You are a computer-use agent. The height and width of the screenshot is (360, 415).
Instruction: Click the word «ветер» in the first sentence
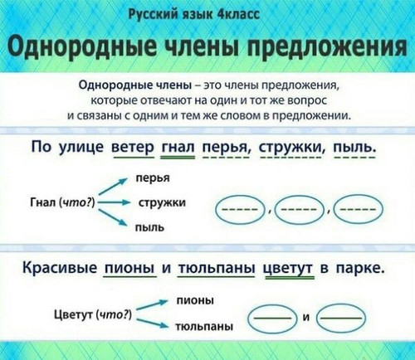[x=132, y=147]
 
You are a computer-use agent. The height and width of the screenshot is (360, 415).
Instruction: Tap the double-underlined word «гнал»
[x=178, y=147]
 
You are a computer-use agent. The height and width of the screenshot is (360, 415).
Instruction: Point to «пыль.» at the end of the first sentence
[x=355, y=147]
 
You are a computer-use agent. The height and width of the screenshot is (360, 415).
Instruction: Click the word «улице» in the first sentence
[x=81, y=147]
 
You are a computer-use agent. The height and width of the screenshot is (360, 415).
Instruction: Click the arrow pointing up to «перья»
[x=112, y=187]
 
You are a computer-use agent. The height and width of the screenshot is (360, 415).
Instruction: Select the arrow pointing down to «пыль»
[x=112, y=218]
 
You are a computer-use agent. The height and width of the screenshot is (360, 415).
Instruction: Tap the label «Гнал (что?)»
[x=63, y=202]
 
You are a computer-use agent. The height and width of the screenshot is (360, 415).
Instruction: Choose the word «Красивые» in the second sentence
[x=60, y=268]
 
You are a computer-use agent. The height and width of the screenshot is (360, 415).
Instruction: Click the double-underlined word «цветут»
[x=290, y=269]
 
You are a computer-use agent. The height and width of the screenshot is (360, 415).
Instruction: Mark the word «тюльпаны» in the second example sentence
[x=216, y=268]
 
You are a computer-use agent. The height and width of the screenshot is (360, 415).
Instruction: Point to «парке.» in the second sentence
[x=360, y=269]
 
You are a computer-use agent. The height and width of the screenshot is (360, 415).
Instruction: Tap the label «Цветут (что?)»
[x=93, y=314]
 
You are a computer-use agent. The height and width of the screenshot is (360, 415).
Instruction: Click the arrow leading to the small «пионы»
[x=153, y=305]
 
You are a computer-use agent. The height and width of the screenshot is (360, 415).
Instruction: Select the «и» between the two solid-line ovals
[x=306, y=318]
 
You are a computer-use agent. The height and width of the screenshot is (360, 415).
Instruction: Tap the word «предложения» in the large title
[x=326, y=46]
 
